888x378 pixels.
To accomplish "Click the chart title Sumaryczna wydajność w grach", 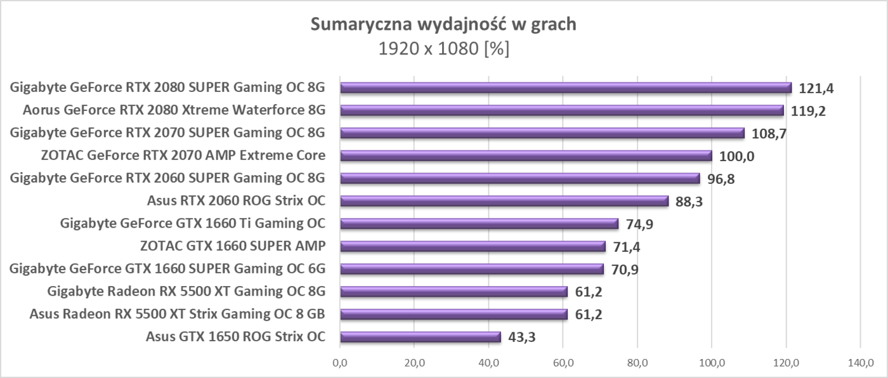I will [x=443, y=25].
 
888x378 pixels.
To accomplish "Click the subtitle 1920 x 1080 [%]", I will [x=443, y=49].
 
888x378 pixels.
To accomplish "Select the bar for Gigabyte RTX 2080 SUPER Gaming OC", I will [x=565, y=88].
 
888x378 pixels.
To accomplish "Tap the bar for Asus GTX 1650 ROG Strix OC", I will [x=420, y=337].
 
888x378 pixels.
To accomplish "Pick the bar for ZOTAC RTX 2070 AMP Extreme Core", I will [x=525, y=155].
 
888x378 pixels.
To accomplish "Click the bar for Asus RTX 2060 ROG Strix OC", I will [x=504, y=201].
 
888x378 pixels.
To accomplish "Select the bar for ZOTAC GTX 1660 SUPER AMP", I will [x=473, y=246].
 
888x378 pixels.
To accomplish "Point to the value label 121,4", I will [x=816, y=88].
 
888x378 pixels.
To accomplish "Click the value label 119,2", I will [x=808, y=111].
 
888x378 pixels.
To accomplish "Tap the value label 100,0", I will [x=736, y=157].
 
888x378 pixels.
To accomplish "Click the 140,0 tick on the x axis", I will [x=860, y=363].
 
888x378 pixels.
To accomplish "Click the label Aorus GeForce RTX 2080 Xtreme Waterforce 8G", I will [x=174, y=110].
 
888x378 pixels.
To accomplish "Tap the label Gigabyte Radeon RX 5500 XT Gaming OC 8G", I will [x=186, y=292].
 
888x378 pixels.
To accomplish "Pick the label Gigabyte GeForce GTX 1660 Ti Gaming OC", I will [x=192, y=223].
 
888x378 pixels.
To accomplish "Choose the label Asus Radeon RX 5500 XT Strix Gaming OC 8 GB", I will [x=178, y=314].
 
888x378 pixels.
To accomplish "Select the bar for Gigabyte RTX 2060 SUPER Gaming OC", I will [x=519, y=178].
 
